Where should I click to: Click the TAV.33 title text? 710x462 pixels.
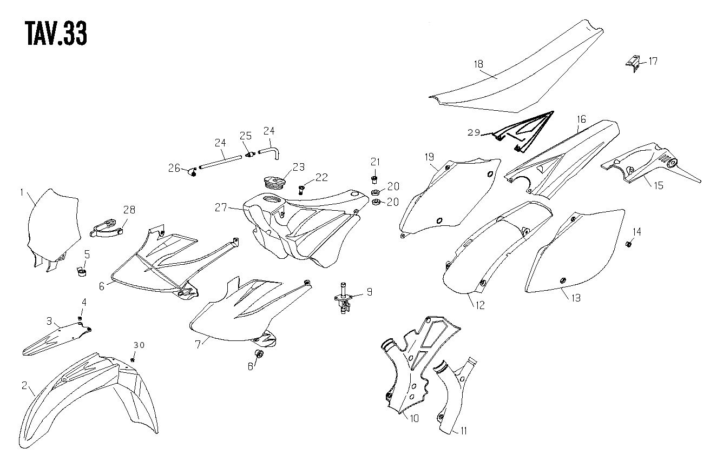(56, 34)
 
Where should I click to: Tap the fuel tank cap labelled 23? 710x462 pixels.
(275, 183)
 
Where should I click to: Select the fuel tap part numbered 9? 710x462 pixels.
(343, 298)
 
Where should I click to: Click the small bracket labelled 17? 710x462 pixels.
(633, 64)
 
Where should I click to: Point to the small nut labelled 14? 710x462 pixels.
(628, 244)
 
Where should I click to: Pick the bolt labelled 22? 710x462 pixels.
(301, 190)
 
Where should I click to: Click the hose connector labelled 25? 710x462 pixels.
(251, 154)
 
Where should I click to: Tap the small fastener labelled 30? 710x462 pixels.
(133, 359)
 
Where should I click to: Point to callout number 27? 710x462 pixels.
(221, 207)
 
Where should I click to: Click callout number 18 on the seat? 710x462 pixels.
(478, 64)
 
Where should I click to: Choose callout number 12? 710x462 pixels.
(480, 305)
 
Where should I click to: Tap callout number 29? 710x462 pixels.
(474, 132)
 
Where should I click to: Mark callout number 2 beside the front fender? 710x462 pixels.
(24, 385)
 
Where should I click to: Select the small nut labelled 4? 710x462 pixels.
(80, 318)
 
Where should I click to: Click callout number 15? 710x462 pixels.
(659, 185)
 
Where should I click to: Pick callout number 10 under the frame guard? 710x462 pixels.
(415, 418)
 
